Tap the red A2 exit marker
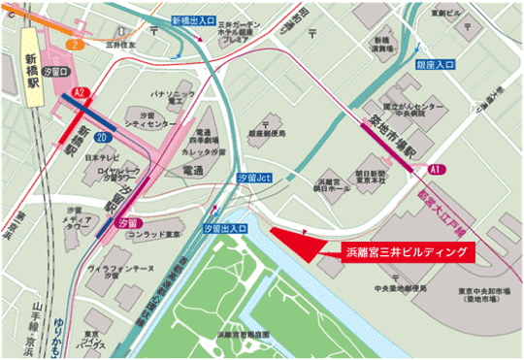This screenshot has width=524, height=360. click(x=81, y=92)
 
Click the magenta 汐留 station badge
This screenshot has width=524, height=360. click(x=123, y=223)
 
